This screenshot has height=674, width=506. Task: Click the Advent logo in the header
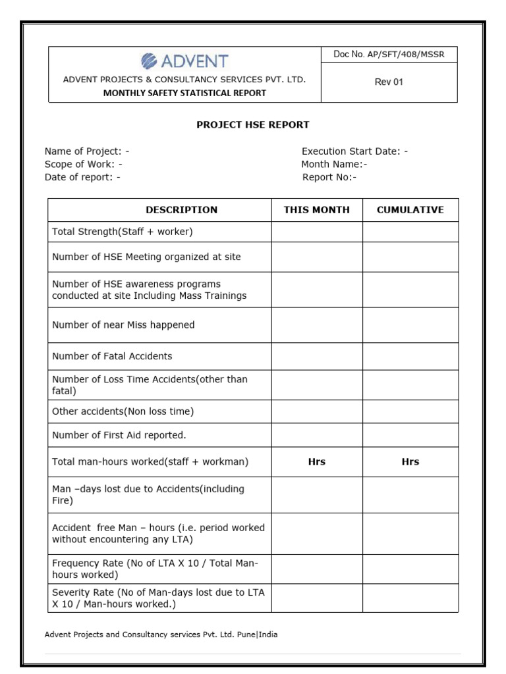pyautogui.click(x=184, y=61)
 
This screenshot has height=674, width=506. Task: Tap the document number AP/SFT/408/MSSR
pyautogui.click(x=389, y=55)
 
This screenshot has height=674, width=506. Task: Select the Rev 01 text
pyautogui.click(x=389, y=82)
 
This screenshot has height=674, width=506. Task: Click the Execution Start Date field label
pyautogui.click(x=354, y=151)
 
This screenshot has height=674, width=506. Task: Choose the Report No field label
pyautogui.click(x=329, y=177)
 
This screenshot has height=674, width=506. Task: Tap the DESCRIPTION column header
pyautogui.click(x=181, y=210)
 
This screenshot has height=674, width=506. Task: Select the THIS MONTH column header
pyautogui.click(x=317, y=210)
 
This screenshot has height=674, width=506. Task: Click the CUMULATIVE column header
pyautogui.click(x=410, y=210)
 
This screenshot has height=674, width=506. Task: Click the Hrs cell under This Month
pyautogui.click(x=317, y=462)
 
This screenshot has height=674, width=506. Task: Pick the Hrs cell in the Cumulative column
pyautogui.click(x=410, y=462)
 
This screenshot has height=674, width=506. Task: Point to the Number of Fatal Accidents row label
pyautogui.click(x=112, y=356)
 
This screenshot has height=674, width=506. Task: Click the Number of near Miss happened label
pyautogui.click(x=123, y=325)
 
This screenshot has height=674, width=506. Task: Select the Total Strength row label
pyautogui.click(x=122, y=232)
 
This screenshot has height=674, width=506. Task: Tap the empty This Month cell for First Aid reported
pyautogui.click(x=317, y=435)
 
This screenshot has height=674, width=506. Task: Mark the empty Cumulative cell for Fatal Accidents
pyautogui.click(x=410, y=356)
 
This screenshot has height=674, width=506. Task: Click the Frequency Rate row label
pyautogui.click(x=155, y=569)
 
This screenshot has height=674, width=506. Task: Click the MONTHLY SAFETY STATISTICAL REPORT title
pyautogui.click(x=184, y=93)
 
